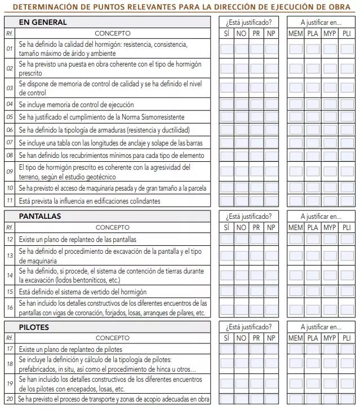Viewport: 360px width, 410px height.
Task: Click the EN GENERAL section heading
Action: [43, 22]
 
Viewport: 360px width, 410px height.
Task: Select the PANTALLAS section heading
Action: [40, 216]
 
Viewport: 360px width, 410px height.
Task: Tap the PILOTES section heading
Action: [34, 327]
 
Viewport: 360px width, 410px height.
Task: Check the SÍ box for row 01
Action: [226, 49]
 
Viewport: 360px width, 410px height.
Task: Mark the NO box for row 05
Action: [242, 117]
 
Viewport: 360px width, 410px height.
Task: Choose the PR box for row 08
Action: [256, 155]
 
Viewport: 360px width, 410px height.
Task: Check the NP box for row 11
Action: [271, 201]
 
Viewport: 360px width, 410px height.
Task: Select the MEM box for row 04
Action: [296, 104]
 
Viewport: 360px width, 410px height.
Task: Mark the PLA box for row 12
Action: [313, 239]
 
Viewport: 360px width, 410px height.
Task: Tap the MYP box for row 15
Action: [330, 292]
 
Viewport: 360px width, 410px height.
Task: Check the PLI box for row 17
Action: [346, 350]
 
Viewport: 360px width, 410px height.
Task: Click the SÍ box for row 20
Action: [226, 399]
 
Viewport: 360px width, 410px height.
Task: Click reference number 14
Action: [10, 275]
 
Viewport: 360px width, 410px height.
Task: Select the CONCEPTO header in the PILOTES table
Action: [112, 338]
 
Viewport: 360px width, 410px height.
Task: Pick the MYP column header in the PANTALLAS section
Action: [330, 227]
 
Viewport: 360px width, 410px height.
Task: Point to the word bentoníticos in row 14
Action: [81, 280]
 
